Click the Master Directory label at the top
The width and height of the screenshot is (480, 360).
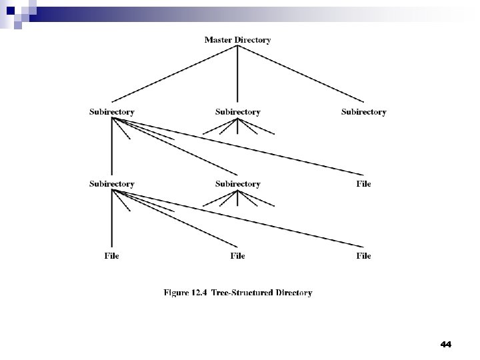(x=237, y=40)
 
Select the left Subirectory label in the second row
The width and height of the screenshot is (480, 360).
(x=112, y=112)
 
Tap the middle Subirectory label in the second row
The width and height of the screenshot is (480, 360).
(x=237, y=112)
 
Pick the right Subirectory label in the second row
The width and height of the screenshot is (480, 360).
(x=363, y=112)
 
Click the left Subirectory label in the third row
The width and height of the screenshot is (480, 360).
(x=112, y=184)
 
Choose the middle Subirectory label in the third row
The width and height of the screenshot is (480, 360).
(x=237, y=184)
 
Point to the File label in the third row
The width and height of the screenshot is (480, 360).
(x=363, y=184)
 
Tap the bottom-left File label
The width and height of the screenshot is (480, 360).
(x=112, y=256)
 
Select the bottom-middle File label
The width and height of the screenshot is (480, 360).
(x=237, y=256)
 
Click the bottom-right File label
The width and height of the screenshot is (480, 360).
(x=363, y=256)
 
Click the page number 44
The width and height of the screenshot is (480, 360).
(x=446, y=344)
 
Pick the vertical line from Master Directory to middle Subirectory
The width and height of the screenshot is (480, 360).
(x=237, y=74)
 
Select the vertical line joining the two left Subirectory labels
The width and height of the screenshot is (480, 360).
(x=112, y=148)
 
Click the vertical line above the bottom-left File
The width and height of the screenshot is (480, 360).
(x=112, y=220)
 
